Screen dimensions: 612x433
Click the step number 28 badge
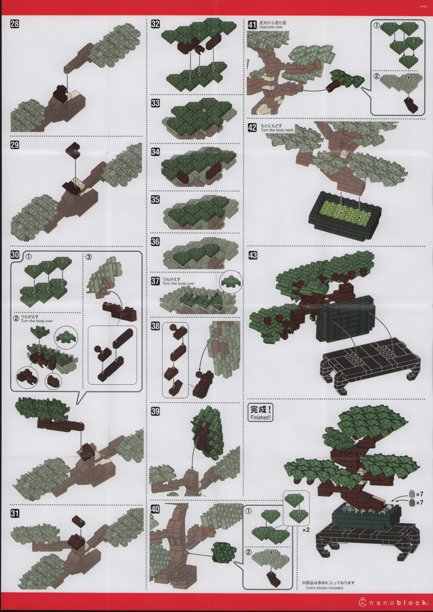14,24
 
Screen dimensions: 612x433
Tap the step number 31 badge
14,514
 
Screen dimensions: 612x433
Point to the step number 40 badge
155,509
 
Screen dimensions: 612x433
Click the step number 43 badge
252,255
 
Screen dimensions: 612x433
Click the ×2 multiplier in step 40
306,530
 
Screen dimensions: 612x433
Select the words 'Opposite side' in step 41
271,27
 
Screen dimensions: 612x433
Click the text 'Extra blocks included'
324,588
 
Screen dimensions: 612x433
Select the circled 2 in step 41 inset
376,76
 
